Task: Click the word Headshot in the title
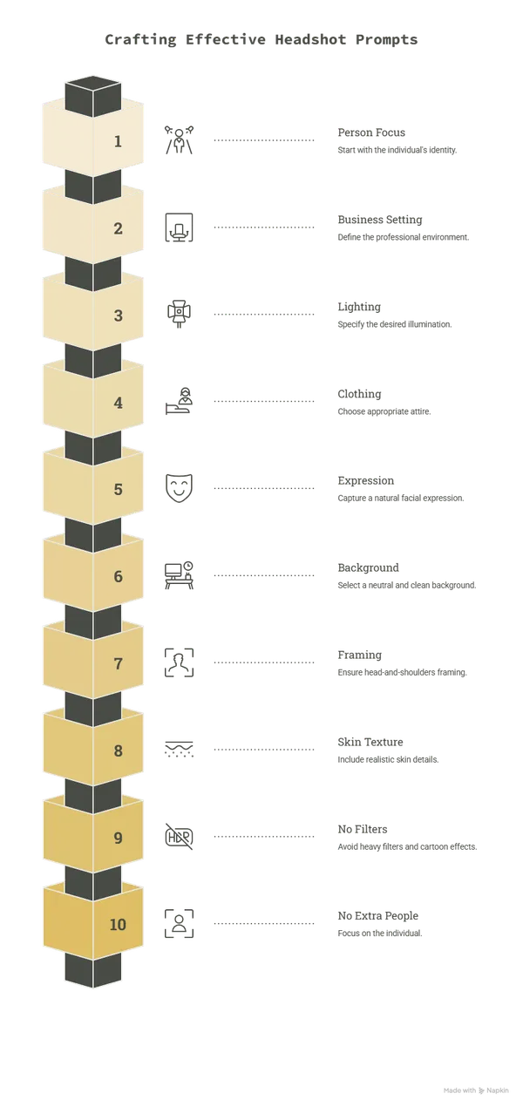pyautogui.click(x=310, y=39)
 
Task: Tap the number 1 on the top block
pyautogui.click(x=118, y=142)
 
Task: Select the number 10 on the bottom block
pyautogui.click(x=118, y=924)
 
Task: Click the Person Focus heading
pyautogui.click(x=371, y=132)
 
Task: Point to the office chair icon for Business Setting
pyautogui.click(x=179, y=228)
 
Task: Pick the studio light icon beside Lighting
pyautogui.click(x=179, y=314)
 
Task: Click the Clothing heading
pyautogui.click(x=359, y=394)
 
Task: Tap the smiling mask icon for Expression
pyautogui.click(x=179, y=488)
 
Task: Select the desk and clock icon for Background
pyautogui.click(x=179, y=575)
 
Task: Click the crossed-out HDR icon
pyautogui.click(x=179, y=836)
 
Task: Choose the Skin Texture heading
pyautogui.click(x=370, y=742)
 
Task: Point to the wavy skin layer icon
pyautogui.click(x=179, y=750)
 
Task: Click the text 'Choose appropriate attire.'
pyautogui.click(x=384, y=411)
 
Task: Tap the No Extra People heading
pyautogui.click(x=377, y=916)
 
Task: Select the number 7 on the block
pyautogui.click(x=118, y=663)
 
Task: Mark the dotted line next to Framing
pyautogui.click(x=264, y=662)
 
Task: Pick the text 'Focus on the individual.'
pyautogui.click(x=380, y=933)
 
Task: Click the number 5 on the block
pyautogui.click(x=118, y=489)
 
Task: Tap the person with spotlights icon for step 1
pyautogui.click(x=179, y=139)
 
